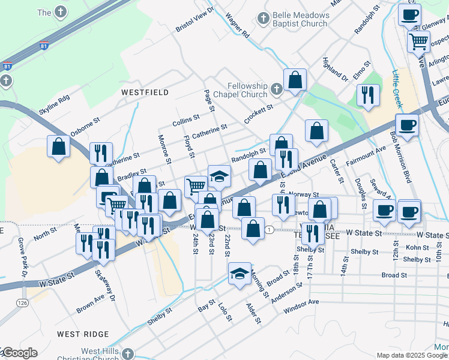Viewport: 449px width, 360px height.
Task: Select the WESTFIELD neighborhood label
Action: pos(145,92)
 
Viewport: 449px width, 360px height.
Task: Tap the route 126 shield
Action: pos(23,302)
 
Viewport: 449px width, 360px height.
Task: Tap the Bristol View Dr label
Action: pos(194,20)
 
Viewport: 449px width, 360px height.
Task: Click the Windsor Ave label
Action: pos(301,306)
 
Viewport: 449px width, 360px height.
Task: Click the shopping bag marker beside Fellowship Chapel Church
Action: pos(295,80)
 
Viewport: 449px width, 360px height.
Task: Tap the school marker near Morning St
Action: pos(240,275)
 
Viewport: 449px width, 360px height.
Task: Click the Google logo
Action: pos(19,353)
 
